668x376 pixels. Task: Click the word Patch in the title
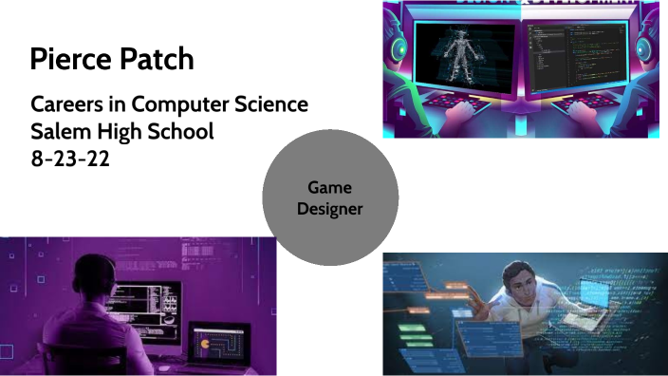(154, 60)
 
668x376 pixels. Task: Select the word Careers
(65, 104)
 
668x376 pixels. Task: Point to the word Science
(267, 104)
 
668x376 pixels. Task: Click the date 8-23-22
(70, 159)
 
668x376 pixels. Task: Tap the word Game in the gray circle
(328, 188)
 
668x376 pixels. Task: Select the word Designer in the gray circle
(328, 209)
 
